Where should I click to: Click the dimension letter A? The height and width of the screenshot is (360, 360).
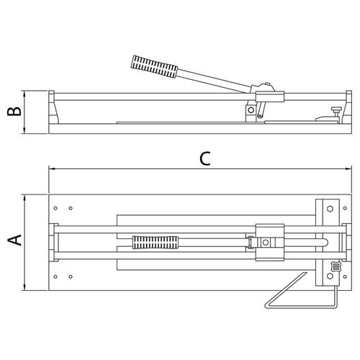15,240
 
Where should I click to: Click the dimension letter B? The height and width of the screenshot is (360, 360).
14,112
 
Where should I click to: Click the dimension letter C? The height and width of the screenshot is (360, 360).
205,158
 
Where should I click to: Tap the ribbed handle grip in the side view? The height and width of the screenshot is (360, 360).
154,66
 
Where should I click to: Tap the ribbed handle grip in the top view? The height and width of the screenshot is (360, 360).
156,243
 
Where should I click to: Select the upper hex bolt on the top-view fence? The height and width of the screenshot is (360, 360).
330,209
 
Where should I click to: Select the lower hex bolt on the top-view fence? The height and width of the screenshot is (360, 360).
330,276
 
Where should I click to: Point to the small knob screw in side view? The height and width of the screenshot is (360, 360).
336,112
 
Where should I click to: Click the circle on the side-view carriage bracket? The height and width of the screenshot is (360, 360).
251,110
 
